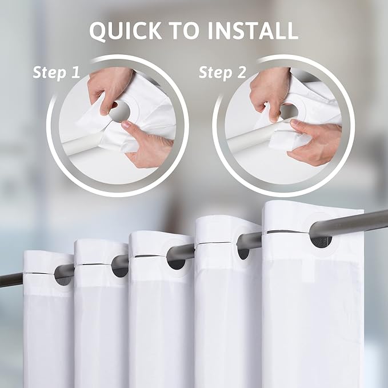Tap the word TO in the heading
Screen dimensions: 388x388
(x=189, y=31)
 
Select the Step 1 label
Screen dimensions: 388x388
(x=55, y=73)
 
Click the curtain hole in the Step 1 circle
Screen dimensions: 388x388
(x=120, y=110)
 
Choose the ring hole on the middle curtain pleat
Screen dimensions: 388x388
(x=177, y=260)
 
